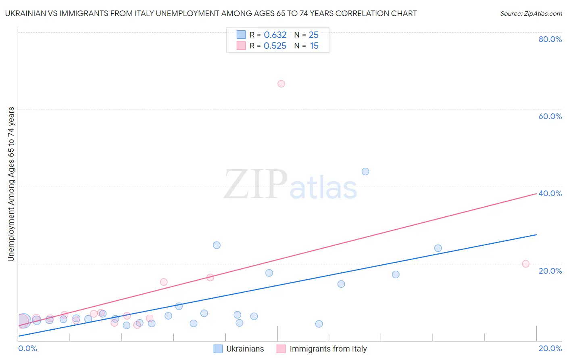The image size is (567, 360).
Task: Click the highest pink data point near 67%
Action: pyautogui.click(x=281, y=84)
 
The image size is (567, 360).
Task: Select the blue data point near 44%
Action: pyautogui.click(x=365, y=172)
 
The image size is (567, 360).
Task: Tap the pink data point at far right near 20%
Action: pyautogui.click(x=525, y=264)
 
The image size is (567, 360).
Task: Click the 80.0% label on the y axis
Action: pyautogui.click(x=550, y=39)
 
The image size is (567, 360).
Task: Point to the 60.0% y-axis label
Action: pyautogui.click(x=550, y=116)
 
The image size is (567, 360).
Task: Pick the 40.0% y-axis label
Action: pyautogui.click(x=550, y=193)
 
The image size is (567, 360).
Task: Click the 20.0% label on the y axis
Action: pyautogui.click(x=550, y=271)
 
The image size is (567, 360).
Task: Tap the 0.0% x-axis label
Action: pyautogui.click(x=27, y=348)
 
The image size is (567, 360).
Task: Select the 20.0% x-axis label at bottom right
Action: pyautogui.click(x=550, y=348)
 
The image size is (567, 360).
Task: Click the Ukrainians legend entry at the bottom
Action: pyautogui.click(x=245, y=349)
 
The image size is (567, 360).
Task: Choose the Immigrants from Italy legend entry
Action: pyautogui.click(x=328, y=349)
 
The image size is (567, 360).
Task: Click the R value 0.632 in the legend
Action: pyautogui.click(x=275, y=35)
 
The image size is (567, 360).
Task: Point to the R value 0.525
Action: pyautogui.click(x=275, y=46)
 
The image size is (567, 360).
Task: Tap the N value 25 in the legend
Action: pyautogui.click(x=313, y=35)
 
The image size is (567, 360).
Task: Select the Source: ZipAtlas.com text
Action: pyautogui.click(x=531, y=13)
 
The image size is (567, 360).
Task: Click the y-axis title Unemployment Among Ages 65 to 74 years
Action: pyautogui.click(x=11, y=184)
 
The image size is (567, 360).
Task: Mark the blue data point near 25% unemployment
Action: pyautogui.click(x=217, y=245)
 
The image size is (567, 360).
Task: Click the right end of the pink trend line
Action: pyautogui.click(x=536, y=194)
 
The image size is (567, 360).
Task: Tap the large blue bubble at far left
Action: pyautogui.click(x=24, y=320)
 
